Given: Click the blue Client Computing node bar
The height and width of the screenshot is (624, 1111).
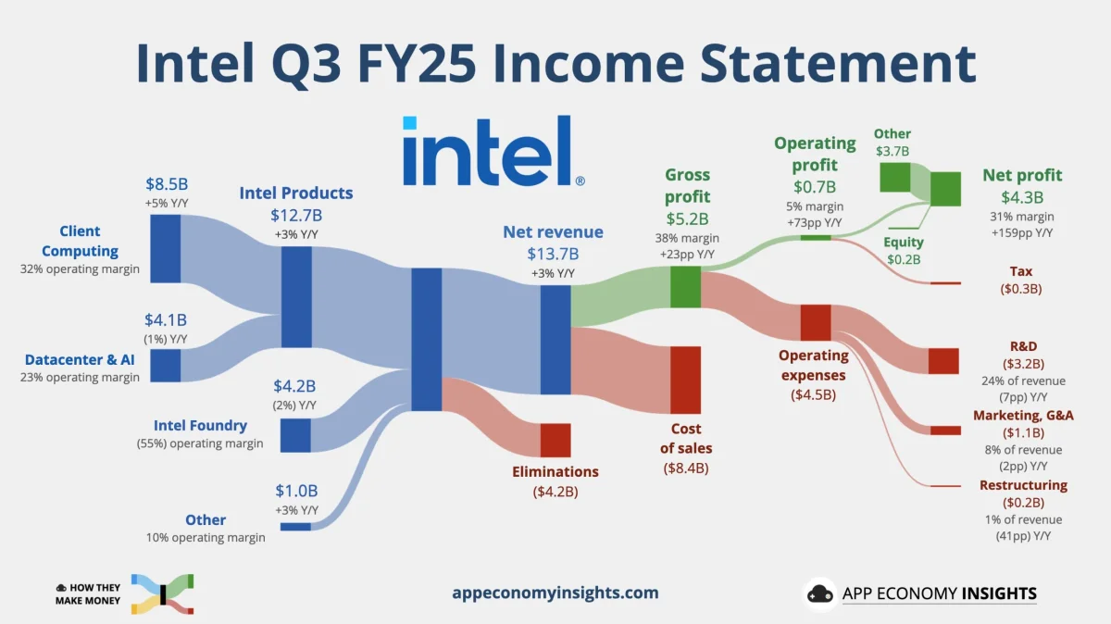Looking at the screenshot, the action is point(165,248).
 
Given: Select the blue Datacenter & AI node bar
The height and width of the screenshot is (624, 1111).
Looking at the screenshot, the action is point(165,366).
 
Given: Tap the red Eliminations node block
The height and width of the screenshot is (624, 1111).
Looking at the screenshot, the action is point(555,440).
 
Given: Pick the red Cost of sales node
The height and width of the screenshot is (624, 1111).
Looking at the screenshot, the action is point(685,380).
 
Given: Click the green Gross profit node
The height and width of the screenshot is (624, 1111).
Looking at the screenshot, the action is point(685,287).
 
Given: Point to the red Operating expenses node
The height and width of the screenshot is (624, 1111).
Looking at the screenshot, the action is point(816,322).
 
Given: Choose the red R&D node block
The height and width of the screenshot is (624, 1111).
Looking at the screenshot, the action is point(943,361).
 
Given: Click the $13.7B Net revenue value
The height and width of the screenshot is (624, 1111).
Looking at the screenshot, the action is point(553,254).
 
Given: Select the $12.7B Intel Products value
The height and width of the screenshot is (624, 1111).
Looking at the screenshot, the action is point(296,216).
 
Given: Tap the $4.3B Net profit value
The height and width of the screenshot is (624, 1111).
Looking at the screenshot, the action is point(1022,197).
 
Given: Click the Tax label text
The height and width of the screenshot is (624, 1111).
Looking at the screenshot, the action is point(1021,271).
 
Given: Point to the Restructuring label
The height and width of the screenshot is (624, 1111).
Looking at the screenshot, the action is point(1023,485).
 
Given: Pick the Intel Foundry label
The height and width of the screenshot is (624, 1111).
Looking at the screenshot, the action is point(200,425).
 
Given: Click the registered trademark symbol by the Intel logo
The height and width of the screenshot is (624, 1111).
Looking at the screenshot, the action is point(580,181).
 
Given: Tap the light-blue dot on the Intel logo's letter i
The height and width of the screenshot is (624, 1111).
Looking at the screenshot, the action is point(409,123).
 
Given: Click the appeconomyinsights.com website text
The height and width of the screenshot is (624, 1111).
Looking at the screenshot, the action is point(555,593).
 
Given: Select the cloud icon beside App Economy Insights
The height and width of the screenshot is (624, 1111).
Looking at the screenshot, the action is point(820,593).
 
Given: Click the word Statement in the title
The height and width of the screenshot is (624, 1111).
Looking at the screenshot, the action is point(838,64).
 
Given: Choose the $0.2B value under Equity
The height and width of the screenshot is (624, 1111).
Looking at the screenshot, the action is point(904,259).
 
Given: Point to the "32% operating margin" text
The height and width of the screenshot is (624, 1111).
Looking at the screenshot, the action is point(80,269).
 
